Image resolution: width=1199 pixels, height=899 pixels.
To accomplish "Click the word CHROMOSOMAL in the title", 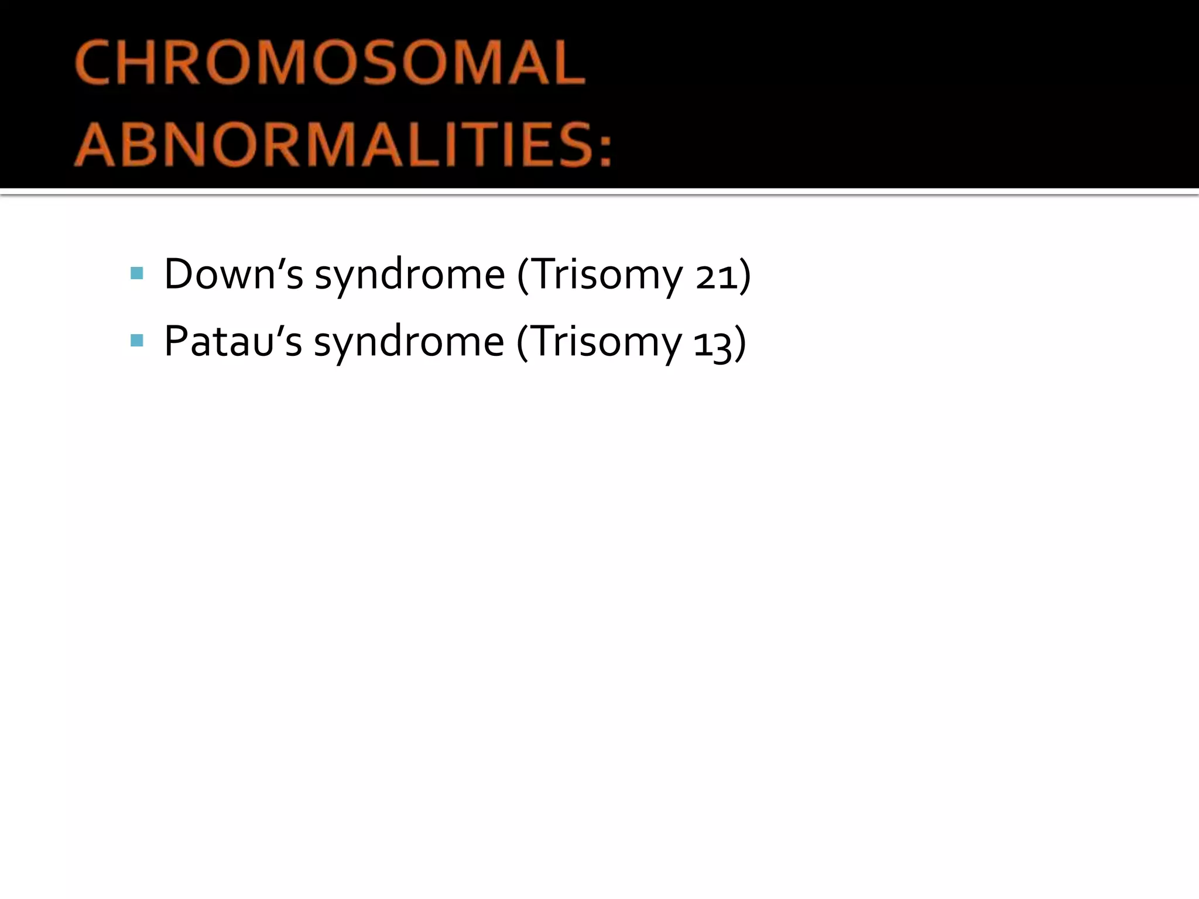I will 330,63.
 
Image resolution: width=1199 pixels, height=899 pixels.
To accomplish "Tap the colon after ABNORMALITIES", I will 605,147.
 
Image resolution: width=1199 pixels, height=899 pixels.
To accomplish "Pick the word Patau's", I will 232,341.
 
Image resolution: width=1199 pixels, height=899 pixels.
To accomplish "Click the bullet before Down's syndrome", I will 137,273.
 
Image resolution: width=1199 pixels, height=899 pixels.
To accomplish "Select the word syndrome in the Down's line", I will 409,275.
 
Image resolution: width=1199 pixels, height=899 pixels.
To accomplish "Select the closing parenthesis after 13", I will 740,343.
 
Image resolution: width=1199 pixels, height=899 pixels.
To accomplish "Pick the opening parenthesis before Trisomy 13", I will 522,343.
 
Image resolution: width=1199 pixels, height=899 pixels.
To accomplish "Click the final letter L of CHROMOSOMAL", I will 569,63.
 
